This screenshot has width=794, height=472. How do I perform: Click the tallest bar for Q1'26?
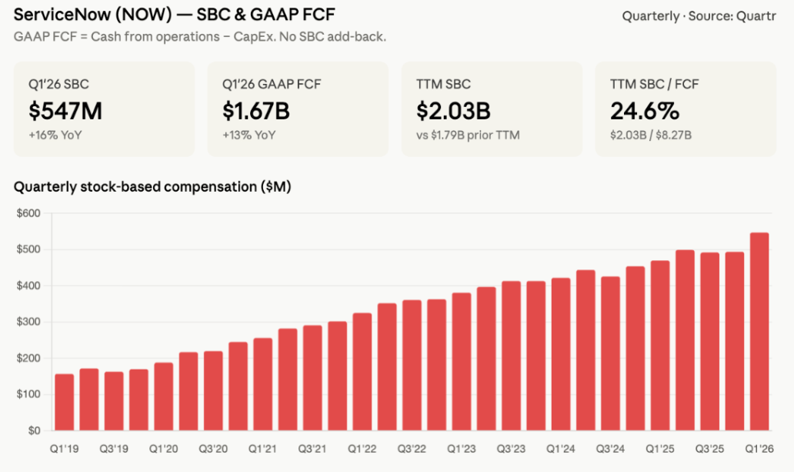[x=759, y=331]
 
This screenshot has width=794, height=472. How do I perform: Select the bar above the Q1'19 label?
[x=65, y=402]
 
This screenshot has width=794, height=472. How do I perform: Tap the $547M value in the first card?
[x=65, y=111]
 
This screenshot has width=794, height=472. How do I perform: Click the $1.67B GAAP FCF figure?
[x=256, y=111]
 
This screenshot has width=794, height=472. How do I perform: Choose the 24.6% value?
[x=645, y=111]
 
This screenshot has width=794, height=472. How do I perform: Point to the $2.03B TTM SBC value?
[x=453, y=111]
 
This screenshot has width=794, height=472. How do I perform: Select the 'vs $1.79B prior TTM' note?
[x=468, y=136]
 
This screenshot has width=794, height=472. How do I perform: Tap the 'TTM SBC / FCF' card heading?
[x=654, y=84]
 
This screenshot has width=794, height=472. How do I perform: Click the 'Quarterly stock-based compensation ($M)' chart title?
[x=152, y=187]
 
